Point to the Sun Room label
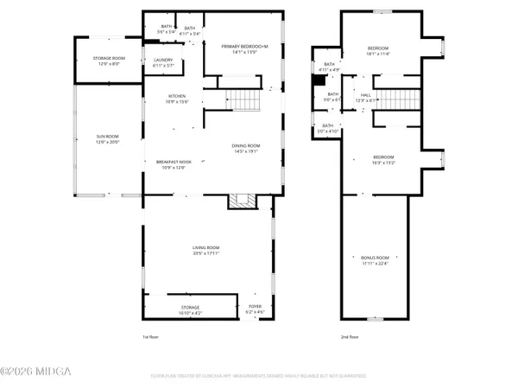tap(107, 139)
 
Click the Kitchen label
tap(177, 99)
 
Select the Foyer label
tap(255, 306)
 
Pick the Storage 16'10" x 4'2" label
tap(190, 309)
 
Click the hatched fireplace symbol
tap(241, 201)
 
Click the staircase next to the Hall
tap(396, 98)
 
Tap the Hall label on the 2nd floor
tap(365, 98)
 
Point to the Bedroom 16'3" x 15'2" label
tap(383, 160)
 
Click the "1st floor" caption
tap(150, 337)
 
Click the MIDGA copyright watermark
tap(36, 372)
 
